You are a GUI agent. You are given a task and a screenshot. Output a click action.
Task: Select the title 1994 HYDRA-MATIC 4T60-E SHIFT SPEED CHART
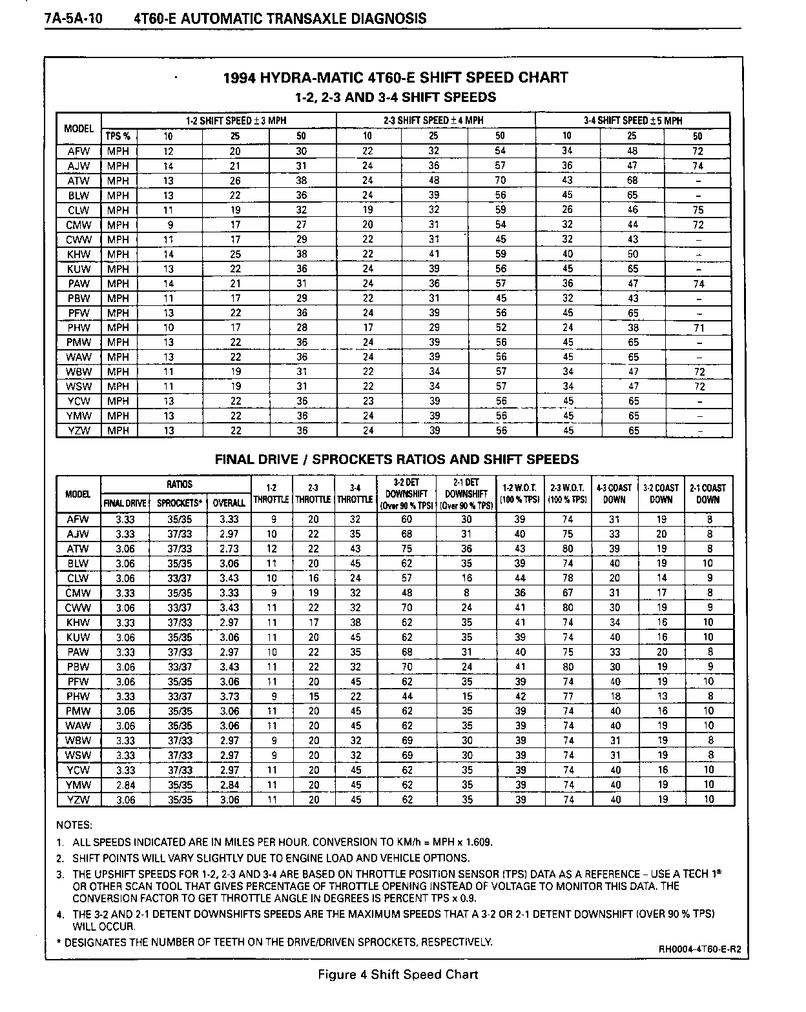(x=395, y=78)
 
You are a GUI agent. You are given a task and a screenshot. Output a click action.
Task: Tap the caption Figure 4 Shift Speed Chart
(x=398, y=974)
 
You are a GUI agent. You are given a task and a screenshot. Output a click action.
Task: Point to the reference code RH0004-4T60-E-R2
(x=699, y=949)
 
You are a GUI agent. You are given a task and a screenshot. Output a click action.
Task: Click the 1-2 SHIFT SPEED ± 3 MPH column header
(x=236, y=121)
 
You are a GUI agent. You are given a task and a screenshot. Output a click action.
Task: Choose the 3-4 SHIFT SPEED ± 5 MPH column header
(x=632, y=121)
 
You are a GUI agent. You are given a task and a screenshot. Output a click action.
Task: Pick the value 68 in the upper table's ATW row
(x=632, y=181)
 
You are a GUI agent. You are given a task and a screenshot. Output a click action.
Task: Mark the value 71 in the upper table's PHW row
(x=698, y=328)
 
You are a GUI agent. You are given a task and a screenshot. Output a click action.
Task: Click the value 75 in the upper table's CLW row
(x=698, y=210)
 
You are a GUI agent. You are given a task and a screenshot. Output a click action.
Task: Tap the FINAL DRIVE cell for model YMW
(x=125, y=785)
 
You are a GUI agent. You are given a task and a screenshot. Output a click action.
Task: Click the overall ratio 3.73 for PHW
(x=229, y=696)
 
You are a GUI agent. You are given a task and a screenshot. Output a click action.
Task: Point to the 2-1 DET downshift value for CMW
(x=466, y=593)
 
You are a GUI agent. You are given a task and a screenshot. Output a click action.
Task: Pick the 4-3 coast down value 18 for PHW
(x=615, y=696)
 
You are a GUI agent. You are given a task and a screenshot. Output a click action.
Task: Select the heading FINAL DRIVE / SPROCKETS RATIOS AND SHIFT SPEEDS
(x=397, y=460)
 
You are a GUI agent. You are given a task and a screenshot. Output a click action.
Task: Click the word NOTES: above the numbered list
(x=74, y=825)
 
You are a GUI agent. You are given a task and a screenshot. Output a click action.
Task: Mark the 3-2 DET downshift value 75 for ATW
(x=407, y=549)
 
